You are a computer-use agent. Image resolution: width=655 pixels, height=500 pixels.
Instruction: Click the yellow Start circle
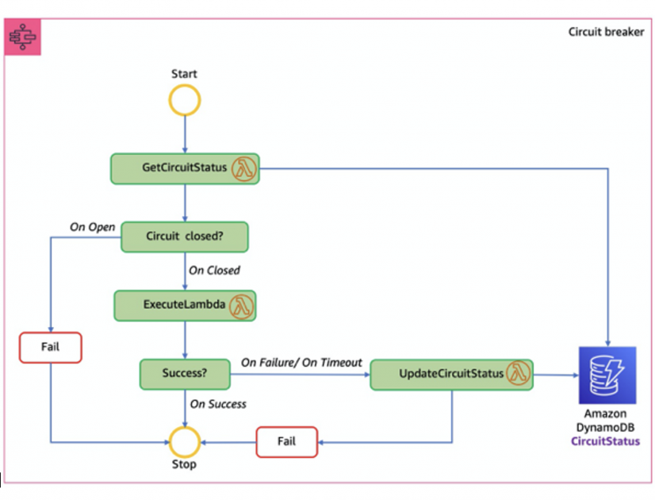184,101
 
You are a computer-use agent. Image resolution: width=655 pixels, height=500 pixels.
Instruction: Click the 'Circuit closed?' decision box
184,237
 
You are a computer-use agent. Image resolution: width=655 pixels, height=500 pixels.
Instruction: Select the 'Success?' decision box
185,373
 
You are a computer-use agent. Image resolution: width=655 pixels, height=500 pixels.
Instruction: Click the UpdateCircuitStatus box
451,374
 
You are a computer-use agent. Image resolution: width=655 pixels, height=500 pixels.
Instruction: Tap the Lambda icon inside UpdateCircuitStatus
518,373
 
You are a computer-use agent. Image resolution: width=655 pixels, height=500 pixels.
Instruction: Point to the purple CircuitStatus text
607,440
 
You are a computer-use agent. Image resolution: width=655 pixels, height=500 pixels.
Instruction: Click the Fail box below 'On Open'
51,347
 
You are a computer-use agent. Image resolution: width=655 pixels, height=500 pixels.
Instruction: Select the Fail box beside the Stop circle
286,441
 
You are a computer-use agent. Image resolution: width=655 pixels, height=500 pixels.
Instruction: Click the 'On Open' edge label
92,227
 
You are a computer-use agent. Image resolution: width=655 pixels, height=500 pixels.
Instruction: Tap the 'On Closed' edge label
214,270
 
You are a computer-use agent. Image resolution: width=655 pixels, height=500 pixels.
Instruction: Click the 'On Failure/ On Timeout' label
301,362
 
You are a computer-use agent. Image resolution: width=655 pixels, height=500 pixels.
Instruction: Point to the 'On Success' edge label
218,404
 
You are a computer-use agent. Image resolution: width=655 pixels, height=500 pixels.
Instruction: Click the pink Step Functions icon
25,37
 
